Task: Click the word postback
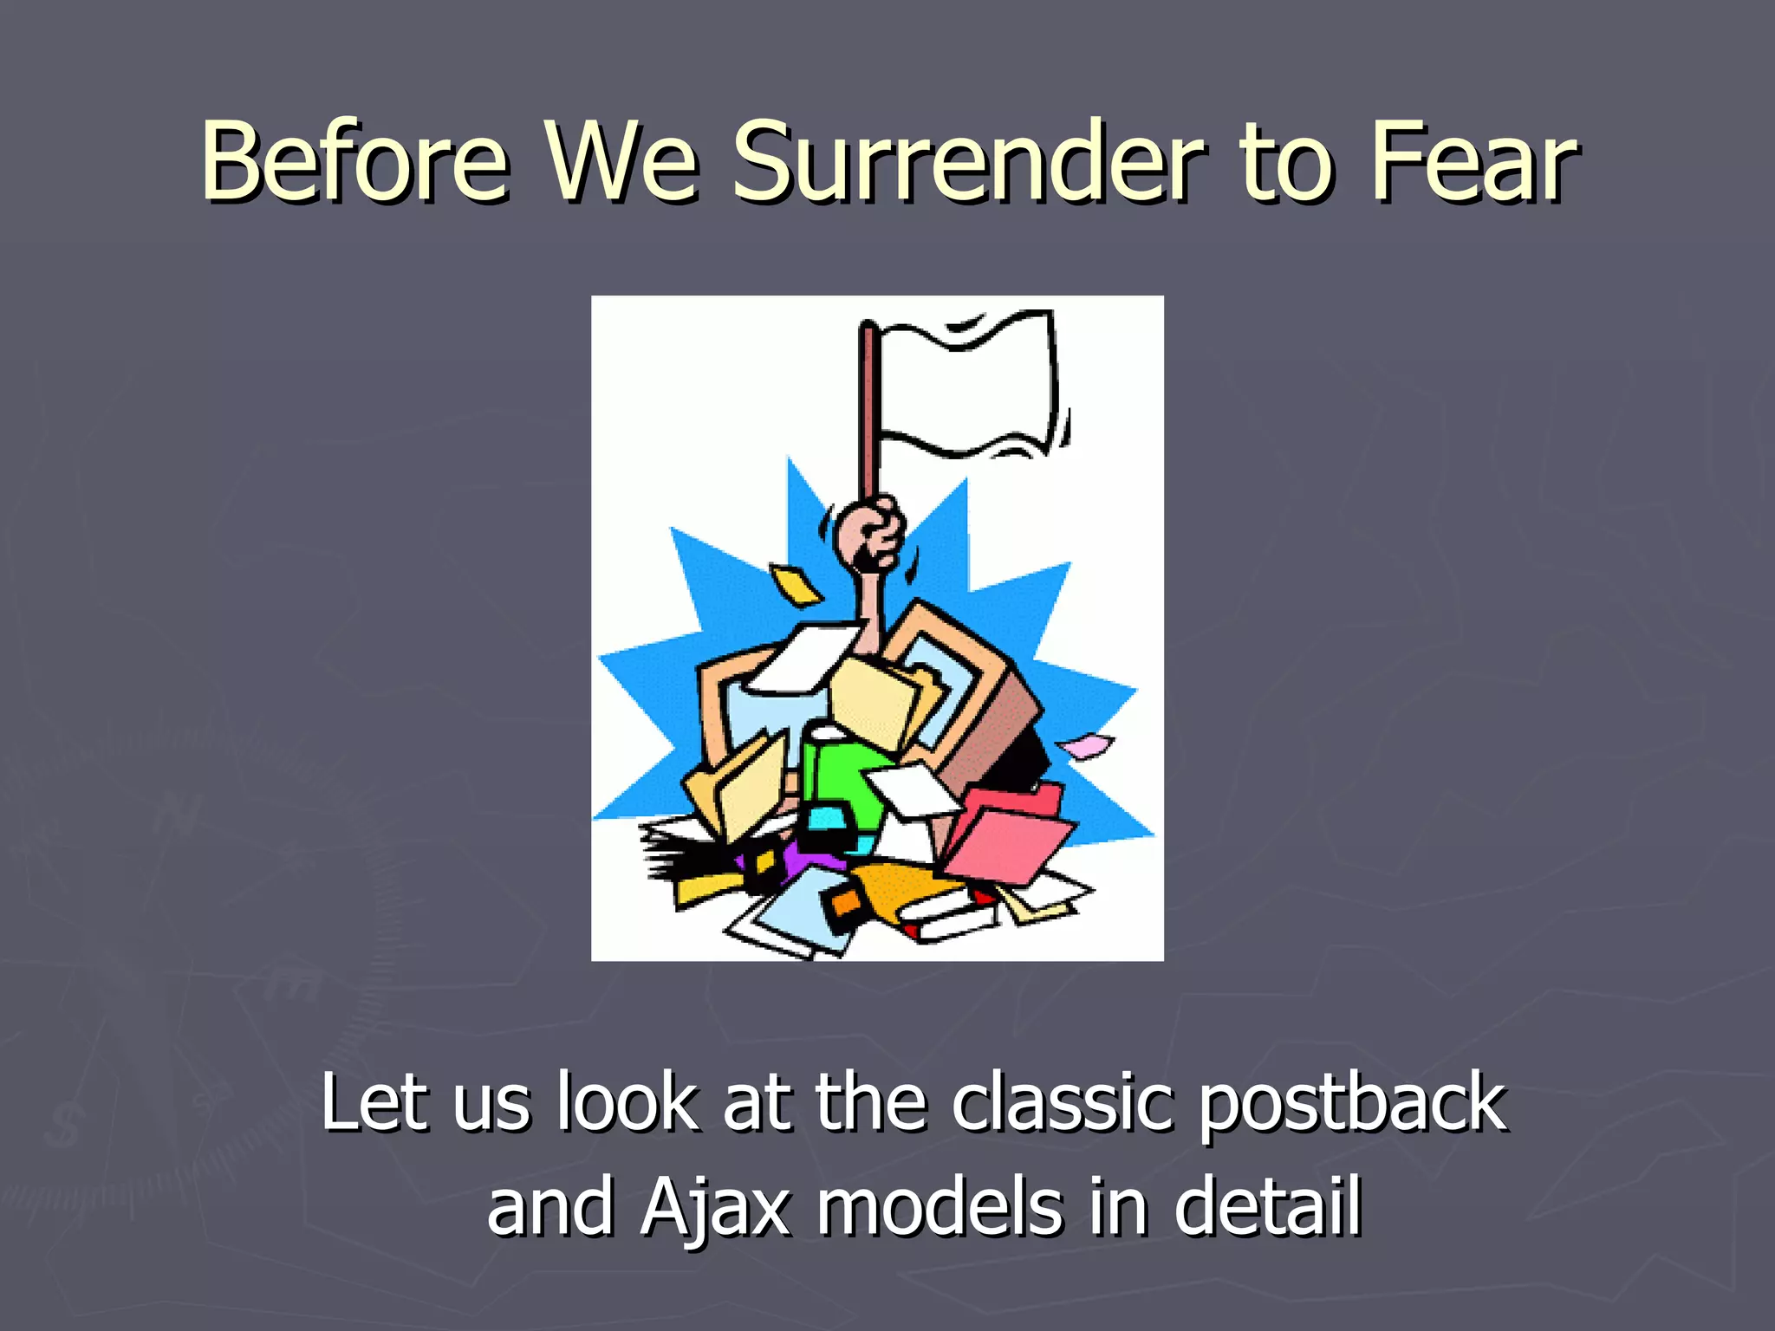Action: coord(1353,1105)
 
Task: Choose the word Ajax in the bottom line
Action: coord(716,1209)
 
